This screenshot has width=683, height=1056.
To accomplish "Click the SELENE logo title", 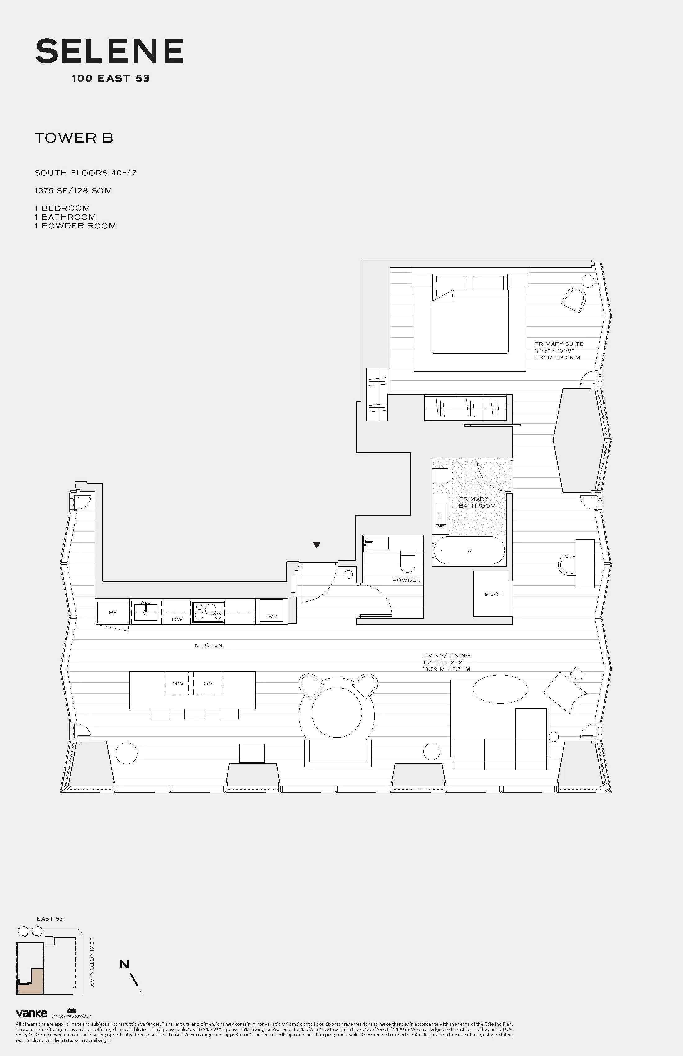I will pos(110,52).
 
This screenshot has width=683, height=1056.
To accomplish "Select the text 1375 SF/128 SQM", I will pos(74,191).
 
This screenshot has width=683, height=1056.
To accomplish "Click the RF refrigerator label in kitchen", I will pos(113,612).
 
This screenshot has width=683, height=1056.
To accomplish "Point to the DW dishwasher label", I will pos(177,619).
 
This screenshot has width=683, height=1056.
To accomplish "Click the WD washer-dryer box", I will pos(272,612).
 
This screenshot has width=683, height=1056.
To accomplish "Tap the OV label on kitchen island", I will pos(208,684).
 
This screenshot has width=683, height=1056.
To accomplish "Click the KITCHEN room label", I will pos(208,645).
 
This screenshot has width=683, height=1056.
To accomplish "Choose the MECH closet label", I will pos(493,594).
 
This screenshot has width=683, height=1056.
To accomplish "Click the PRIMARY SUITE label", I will pos(559,344).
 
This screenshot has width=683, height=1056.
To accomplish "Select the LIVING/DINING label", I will pos(446,655).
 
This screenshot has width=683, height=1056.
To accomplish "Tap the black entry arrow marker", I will pos(316,545).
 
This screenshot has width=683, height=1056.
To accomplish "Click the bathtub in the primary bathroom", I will pos(469,551).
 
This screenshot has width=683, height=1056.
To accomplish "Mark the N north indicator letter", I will pos(124,964).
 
